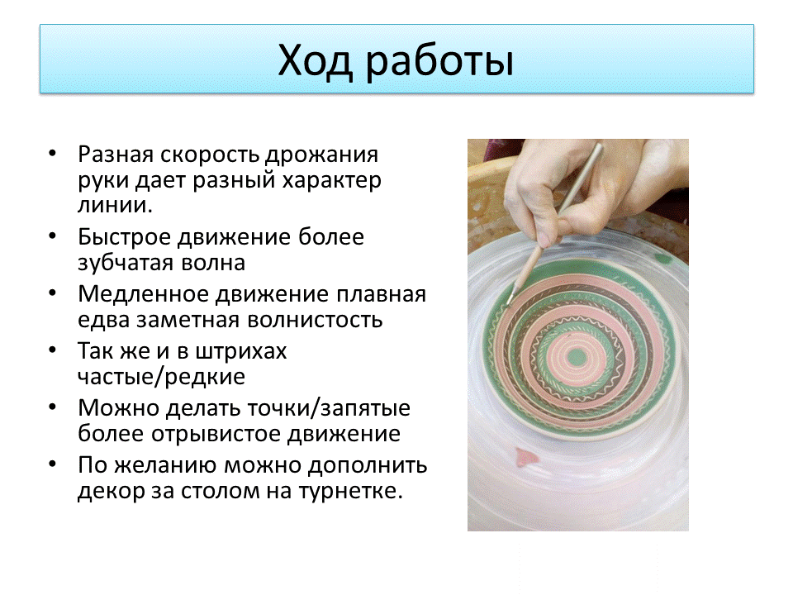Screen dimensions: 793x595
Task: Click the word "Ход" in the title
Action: point(315,61)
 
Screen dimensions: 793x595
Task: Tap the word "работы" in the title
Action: point(439,64)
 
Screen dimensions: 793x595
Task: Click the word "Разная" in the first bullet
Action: point(116,154)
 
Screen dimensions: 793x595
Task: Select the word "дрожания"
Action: point(321,155)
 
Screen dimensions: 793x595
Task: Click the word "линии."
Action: point(115,205)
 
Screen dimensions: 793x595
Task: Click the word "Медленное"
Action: point(143,294)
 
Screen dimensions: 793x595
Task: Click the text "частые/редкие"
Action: point(161,377)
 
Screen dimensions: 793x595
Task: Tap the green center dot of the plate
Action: point(577,357)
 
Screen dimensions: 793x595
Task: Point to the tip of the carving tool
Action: point(509,302)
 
